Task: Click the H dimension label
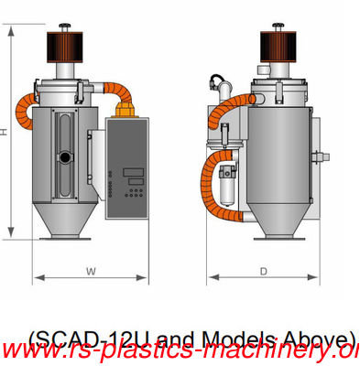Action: pyautogui.click(x=5, y=132)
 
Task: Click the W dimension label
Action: pyautogui.click(x=89, y=270)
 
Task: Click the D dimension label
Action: pyautogui.click(x=262, y=270)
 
